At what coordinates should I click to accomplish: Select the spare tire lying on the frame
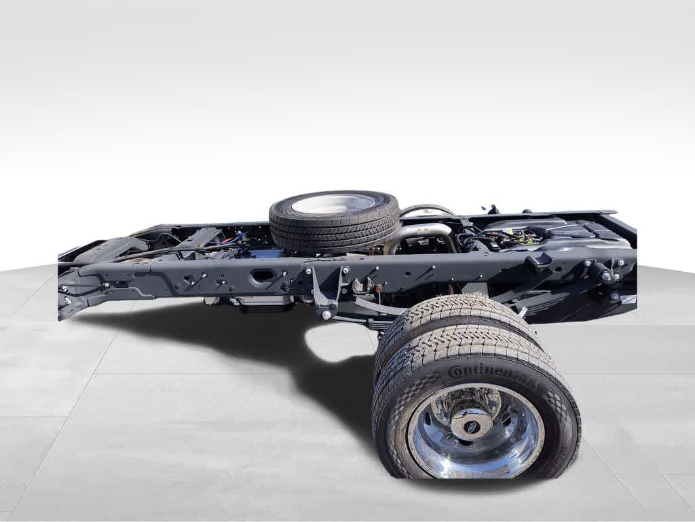click(334, 220)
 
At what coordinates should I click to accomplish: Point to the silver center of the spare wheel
click(333, 203)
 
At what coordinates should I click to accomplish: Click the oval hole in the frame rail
click(262, 277)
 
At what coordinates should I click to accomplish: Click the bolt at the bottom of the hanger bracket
click(327, 315)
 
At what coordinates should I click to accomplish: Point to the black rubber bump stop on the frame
click(540, 262)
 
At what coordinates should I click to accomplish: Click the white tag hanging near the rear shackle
click(628, 299)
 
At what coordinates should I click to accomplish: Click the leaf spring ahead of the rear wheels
click(380, 310)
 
